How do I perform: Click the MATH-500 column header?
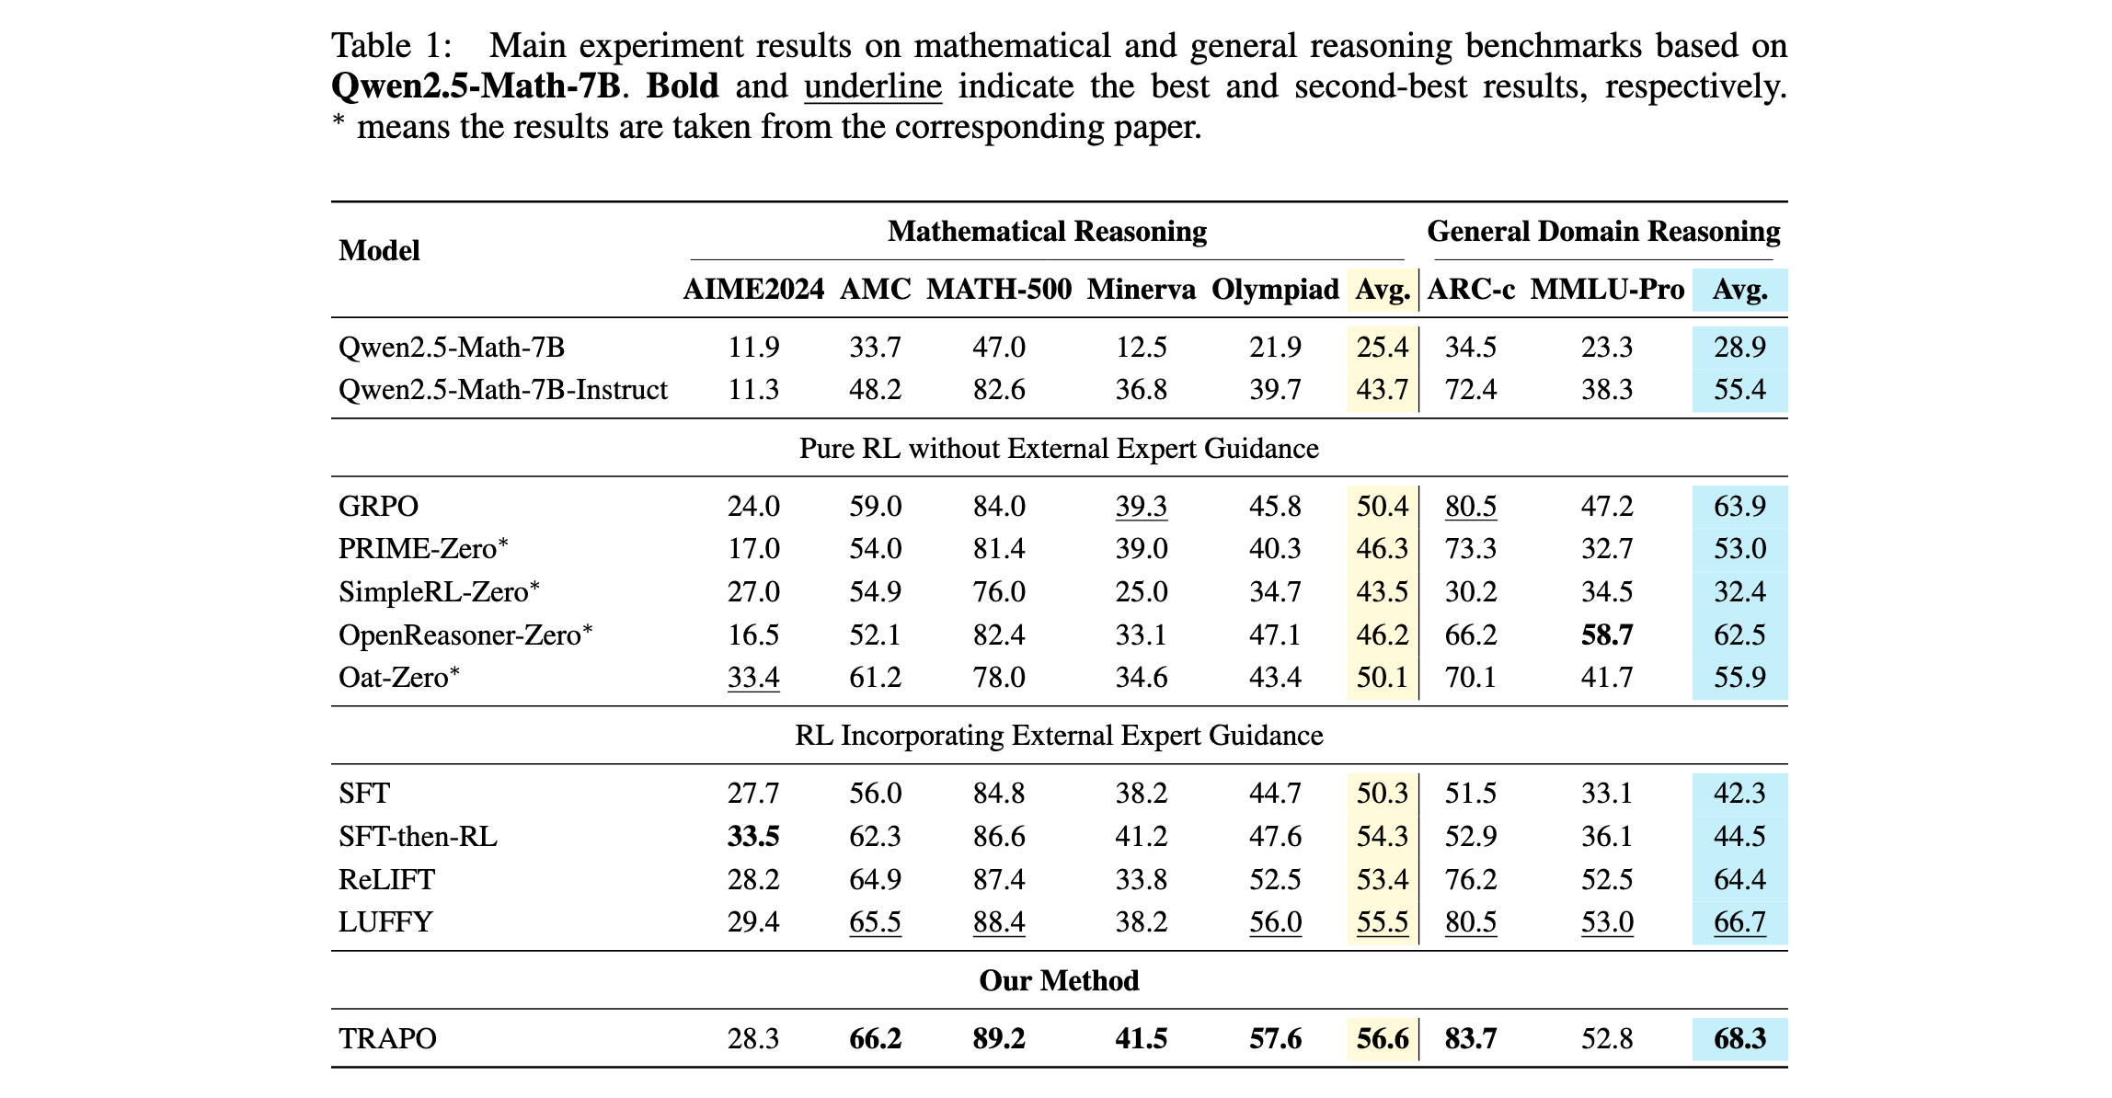(998, 290)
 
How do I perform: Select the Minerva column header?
(1141, 290)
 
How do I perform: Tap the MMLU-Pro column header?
(1606, 290)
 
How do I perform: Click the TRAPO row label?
(387, 1038)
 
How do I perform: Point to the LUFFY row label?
(385, 921)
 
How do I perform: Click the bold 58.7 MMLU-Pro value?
(1606, 635)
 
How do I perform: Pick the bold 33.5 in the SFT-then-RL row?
(753, 836)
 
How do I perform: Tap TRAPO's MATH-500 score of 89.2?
(998, 1038)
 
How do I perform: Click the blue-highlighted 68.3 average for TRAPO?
(1739, 1038)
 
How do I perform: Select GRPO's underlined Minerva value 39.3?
(1141, 506)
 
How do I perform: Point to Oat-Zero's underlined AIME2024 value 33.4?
(753, 677)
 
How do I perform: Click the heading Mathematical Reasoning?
(1047, 231)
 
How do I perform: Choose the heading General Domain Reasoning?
(1602, 231)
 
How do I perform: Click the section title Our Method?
(1059, 980)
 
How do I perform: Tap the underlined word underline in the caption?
(872, 86)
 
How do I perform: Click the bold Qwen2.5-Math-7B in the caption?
(476, 86)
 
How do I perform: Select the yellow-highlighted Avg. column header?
(1382, 290)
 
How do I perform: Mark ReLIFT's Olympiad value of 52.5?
(1274, 879)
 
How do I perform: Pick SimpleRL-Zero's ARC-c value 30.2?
(1470, 591)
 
